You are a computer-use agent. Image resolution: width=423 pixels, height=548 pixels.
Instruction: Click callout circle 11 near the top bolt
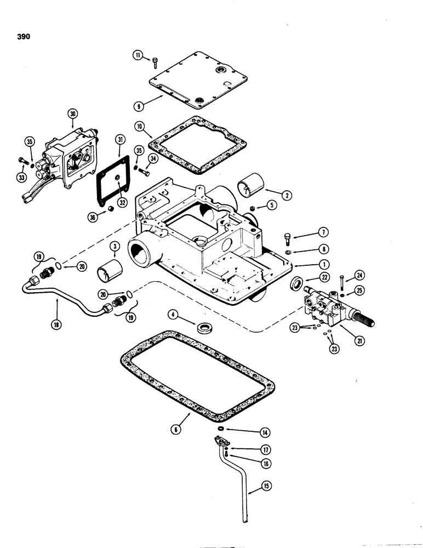tap(138, 54)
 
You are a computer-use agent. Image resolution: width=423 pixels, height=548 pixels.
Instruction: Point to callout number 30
tap(72, 113)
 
